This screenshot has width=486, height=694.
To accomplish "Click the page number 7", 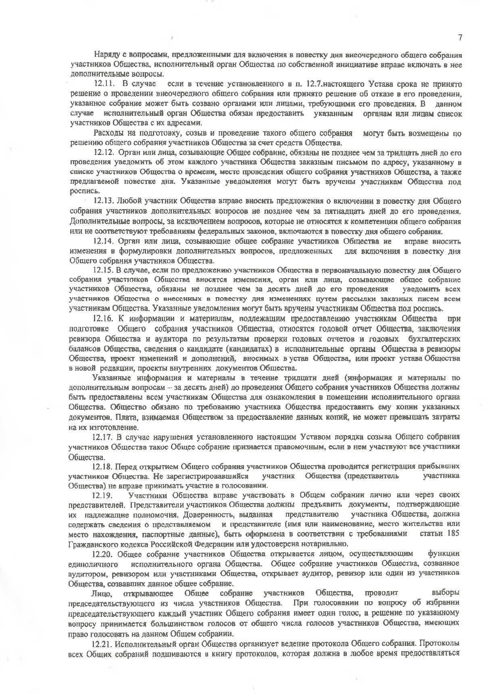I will pos(460,38).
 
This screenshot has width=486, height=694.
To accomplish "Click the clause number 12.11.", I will pos(104,84).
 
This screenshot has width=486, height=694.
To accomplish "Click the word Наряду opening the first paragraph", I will pos(106,55).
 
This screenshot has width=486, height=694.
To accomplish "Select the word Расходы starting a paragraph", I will pos(106,133).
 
